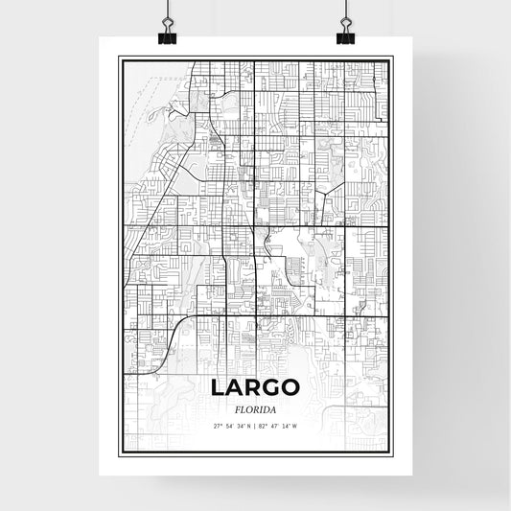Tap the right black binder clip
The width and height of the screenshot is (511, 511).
[345, 35]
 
